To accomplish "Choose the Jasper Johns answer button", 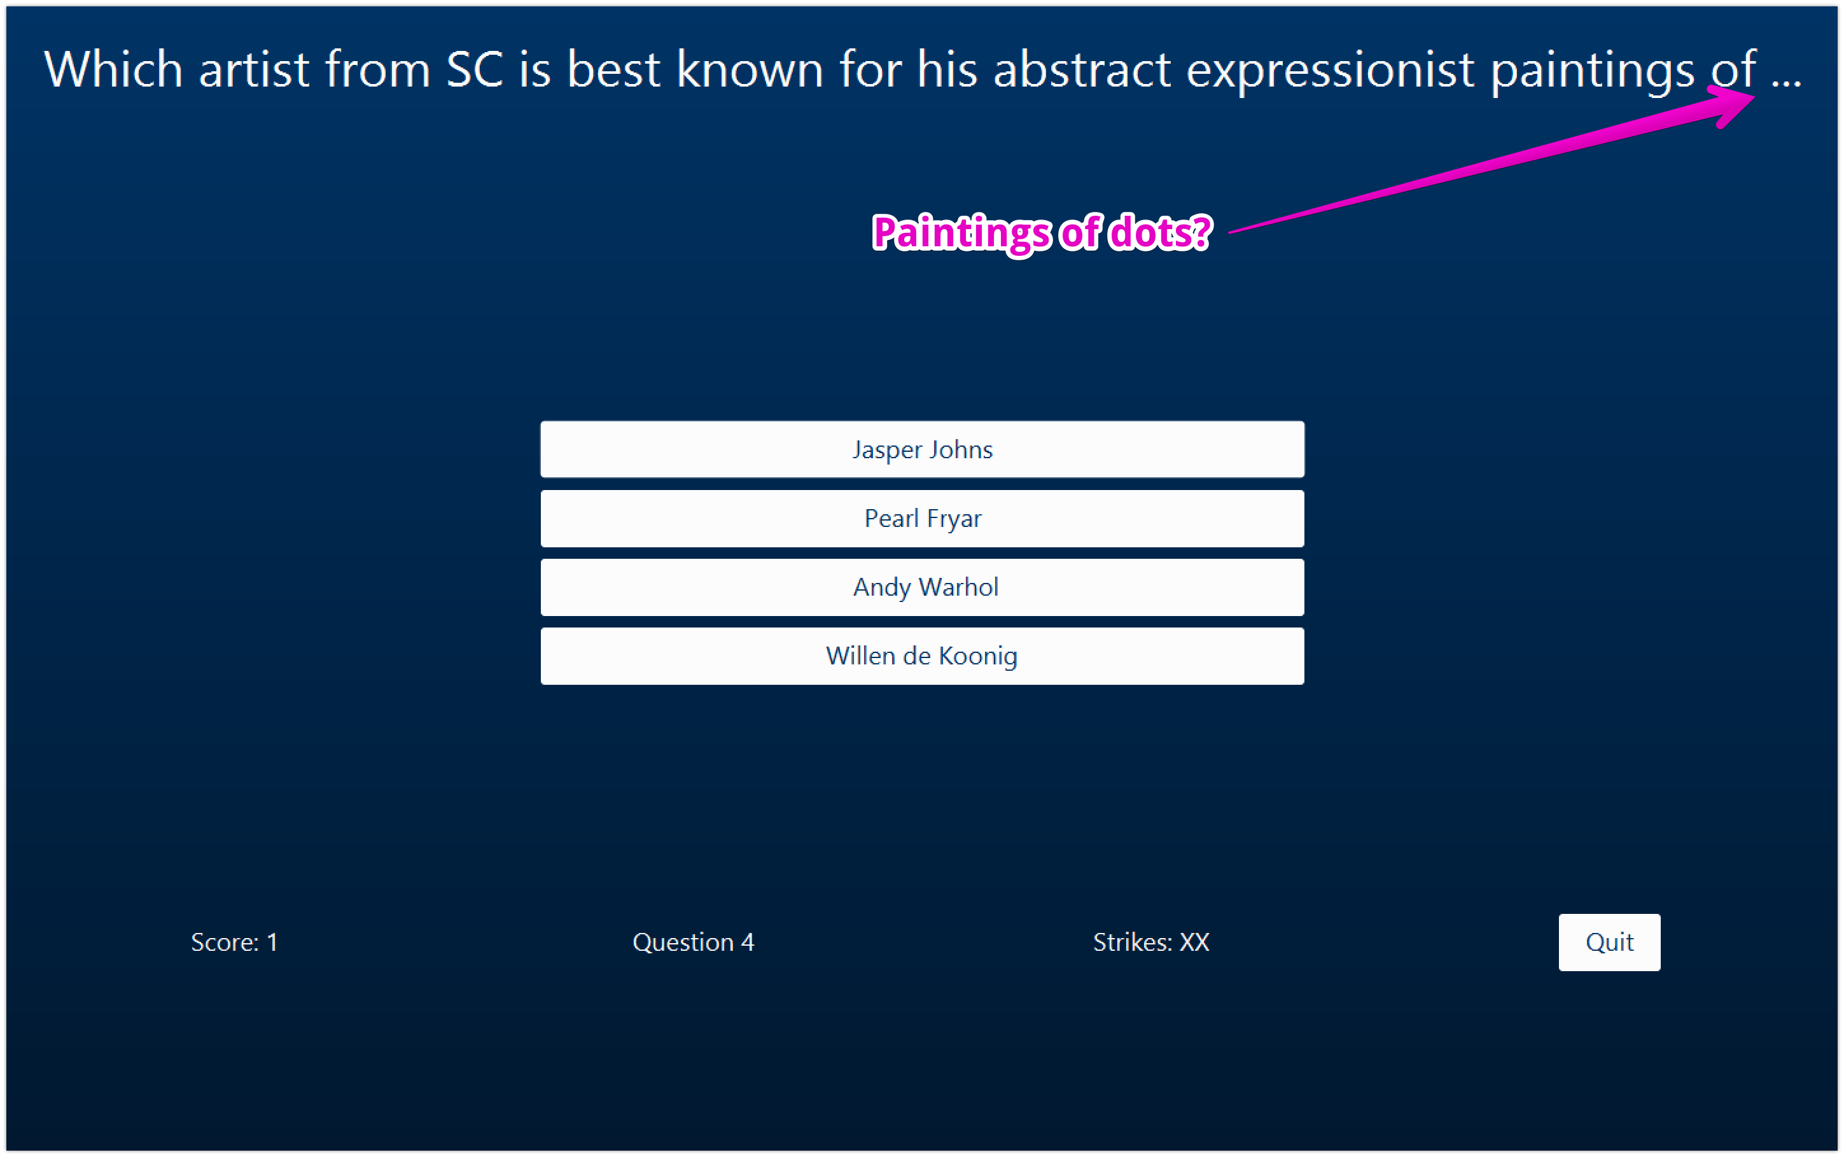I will click(x=921, y=449).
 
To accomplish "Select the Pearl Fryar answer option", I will click(x=921, y=518).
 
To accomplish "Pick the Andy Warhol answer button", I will click(x=921, y=587).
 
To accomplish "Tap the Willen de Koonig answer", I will click(x=921, y=656).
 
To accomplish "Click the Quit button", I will click(x=1609, y=942).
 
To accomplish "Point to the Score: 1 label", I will click(x=234, y=942).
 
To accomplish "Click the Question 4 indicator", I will click(x=693, y=942).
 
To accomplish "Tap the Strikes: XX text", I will click(x=1150, y=942).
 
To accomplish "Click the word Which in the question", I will click(x=113, y=69).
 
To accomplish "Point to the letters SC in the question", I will click(x=474, y=69).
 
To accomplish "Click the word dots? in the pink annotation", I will click(x=1160, y=233).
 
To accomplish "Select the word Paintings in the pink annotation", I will click(x=961, y=233).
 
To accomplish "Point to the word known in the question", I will click(x=750, y=69).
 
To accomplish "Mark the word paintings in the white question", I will click(x=1593, y=69).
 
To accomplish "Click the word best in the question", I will click(x=613, y=69).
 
